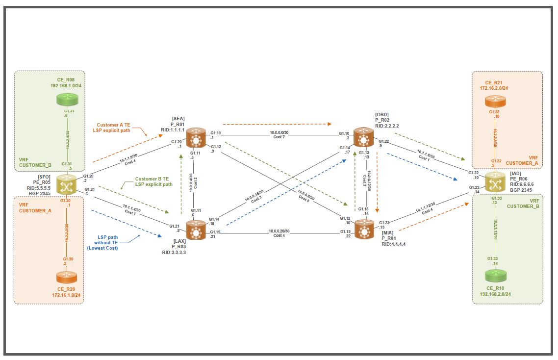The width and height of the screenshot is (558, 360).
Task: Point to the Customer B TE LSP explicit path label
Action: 153,181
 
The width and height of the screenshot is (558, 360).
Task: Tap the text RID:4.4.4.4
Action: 394,244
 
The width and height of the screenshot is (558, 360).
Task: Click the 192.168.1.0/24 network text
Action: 69,84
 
